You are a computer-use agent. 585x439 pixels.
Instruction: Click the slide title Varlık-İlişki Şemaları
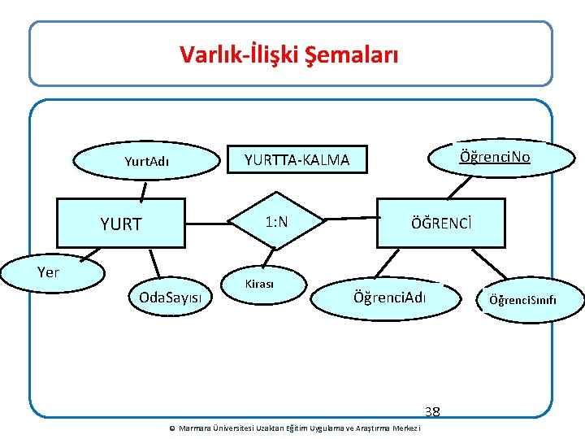(289, 55)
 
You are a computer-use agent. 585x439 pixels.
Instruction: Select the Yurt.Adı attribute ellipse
(146, 161)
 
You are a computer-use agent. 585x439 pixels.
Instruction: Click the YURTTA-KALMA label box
(297, 160)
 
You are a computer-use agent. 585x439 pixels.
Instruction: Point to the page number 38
(431, 411)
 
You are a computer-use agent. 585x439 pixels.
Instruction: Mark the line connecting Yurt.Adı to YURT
(144, 190)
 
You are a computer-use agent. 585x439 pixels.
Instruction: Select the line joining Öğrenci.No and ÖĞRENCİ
(459, 187)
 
